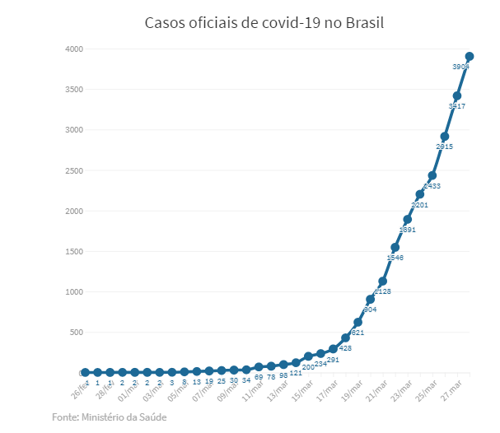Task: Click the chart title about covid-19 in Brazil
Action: (x=264, y=22)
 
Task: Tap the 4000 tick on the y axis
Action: (x=73, y=49)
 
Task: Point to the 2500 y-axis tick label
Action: (x=73, y=170)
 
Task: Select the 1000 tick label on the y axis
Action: (x=73, y=292)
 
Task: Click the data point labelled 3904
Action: (x=469, y=57)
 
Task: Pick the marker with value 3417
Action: (x=456, y=96)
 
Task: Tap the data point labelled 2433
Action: (x=432, y=175)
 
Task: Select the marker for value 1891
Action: (x=407, y=220)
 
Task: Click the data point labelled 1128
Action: (x=382, y=282)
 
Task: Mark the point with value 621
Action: (x=357, y=323)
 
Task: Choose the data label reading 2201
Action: (x=419, y=204)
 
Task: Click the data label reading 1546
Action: (x=395, y=258)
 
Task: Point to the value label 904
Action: (x=370, y=310)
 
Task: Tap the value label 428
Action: (x=345, y=348)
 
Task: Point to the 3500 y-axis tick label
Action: (x=73, y=90)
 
